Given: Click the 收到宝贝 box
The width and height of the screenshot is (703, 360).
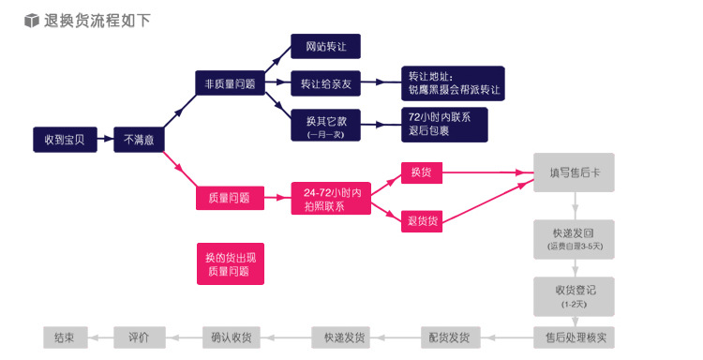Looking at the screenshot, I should (65, 140).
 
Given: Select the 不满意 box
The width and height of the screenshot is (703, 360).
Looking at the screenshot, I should (140, 140).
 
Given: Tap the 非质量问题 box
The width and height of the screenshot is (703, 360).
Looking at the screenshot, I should (229, 83).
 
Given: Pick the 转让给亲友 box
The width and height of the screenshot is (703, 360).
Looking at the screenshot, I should (325, 83).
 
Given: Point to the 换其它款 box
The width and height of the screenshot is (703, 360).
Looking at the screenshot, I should (325, 126).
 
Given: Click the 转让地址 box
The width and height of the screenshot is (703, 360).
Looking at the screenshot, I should (453, 83).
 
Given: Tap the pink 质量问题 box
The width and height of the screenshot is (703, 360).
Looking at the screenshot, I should (229, 197).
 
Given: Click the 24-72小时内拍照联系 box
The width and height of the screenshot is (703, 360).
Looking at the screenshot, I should (331, 199).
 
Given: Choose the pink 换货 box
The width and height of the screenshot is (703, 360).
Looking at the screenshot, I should (421, 173).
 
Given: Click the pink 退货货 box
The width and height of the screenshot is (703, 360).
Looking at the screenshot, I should (421, 221).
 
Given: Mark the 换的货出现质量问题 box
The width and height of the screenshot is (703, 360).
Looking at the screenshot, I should (229, 263).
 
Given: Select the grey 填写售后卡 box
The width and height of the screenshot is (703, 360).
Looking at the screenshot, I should (575, 173).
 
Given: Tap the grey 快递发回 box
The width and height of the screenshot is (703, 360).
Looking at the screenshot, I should (575, 239).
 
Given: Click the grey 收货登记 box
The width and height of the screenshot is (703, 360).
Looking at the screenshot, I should (575, 296).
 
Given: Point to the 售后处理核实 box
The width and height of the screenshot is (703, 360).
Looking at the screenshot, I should (575, 337).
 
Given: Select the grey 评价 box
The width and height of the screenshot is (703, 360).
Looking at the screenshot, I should (140, 337).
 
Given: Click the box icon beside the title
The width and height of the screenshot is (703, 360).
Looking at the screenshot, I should (32, 20).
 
